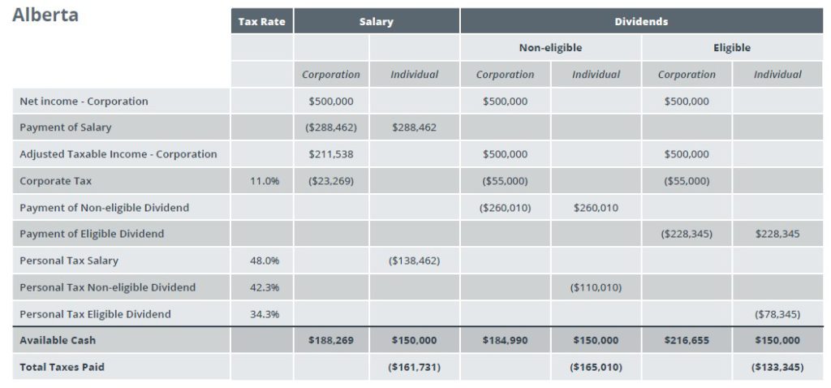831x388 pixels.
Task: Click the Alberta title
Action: [x=45, y=15]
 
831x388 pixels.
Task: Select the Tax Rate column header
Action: [x=262, y=22]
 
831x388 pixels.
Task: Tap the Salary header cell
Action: [x=377, y=22]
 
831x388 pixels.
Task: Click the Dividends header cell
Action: [x=641, y=22]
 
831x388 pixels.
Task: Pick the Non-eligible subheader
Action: [x=551, y=48]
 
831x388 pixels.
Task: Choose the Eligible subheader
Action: [x=732, y=48]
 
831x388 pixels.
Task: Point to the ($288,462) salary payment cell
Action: [x=331, y=127]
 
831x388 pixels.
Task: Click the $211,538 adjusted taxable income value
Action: [x=331, y=154]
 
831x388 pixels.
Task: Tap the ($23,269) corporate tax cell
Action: [x=331, y=181]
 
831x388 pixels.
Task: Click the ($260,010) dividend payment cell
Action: [x=505, y=207]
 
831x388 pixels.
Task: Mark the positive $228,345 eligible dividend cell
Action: [x=777, y=234]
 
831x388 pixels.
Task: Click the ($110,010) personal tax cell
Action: [x=596, y=287]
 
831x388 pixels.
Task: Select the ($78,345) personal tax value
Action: [x=777, y=314]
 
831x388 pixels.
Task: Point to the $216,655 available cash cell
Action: [x=687, y=340]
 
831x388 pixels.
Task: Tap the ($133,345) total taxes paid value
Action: [x=777, y=367]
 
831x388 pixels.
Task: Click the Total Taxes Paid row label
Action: [x=62, y=367]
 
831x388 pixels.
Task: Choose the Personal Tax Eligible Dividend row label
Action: [x=96, y=314]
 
